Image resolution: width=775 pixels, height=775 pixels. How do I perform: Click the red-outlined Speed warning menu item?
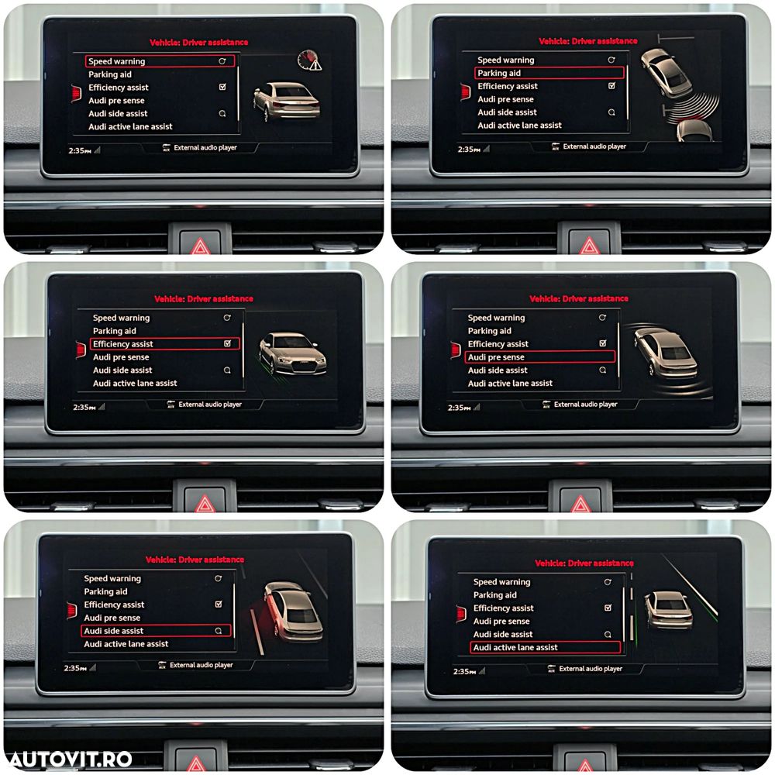pyautogui.click(x=160, y=61)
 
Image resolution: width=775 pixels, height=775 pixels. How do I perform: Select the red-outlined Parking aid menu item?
pyautogui.click(x=549, y=73)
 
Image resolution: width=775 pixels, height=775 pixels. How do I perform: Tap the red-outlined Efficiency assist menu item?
pyautogui.click(x=164, y=343)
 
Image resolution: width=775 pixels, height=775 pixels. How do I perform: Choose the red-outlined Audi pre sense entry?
pyautogui.click(x=539, y=356)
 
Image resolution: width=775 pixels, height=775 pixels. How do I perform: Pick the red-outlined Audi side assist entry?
pyautogui.click(x=156, y=631)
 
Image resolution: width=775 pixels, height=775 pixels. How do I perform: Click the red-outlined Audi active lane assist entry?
pyautogui.click(x=545, y=647)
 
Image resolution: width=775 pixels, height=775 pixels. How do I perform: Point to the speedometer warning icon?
pyautogui.click(x=309, y=60)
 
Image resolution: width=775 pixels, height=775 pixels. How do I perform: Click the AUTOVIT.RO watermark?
pyautogui.click(x=71, y=759)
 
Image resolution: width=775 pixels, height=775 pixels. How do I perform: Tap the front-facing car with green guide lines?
pyautogui.click(x=293, y=354)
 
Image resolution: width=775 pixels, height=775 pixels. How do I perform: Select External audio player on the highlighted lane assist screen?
pyautogui.click(x=591, y=669)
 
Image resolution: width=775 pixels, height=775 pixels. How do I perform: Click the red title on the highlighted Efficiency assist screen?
pyautogui.click(x=204, y=298)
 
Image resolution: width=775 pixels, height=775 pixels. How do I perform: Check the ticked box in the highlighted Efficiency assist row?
pyautogui.click(x=227, y=343)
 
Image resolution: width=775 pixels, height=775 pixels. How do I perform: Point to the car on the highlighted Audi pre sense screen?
pyautogui.click(x=666, y=353)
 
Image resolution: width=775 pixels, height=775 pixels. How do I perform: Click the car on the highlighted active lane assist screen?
pyautogui.click(x=668, y=610)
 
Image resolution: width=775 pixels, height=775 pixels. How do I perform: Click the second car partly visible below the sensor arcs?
pyautogui.click(x=694, y=130)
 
